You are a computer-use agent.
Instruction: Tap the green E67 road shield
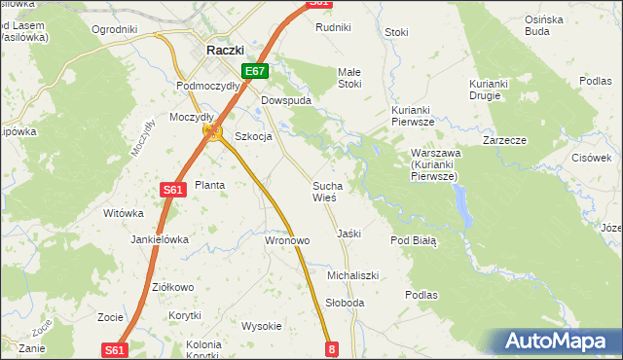[x=255, y=71]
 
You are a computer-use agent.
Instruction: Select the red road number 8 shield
[x=332, y=348]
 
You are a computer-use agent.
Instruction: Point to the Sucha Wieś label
[x=326, y=191]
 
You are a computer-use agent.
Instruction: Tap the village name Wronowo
[x=287, y=239]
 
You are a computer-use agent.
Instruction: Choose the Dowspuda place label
[x=284, y=100]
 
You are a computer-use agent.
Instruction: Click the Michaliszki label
[x=352, y=276]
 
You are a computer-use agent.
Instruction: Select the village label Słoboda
[x=346, y=303]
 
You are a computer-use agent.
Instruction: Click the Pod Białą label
[x=414, y=239]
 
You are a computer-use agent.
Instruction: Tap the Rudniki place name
[x=333, y=27]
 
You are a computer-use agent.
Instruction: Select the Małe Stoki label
[x=348, y=78]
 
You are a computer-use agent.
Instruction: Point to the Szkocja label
[x=253, y=137]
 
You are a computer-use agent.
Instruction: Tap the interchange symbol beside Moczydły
[x=209, y=131]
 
